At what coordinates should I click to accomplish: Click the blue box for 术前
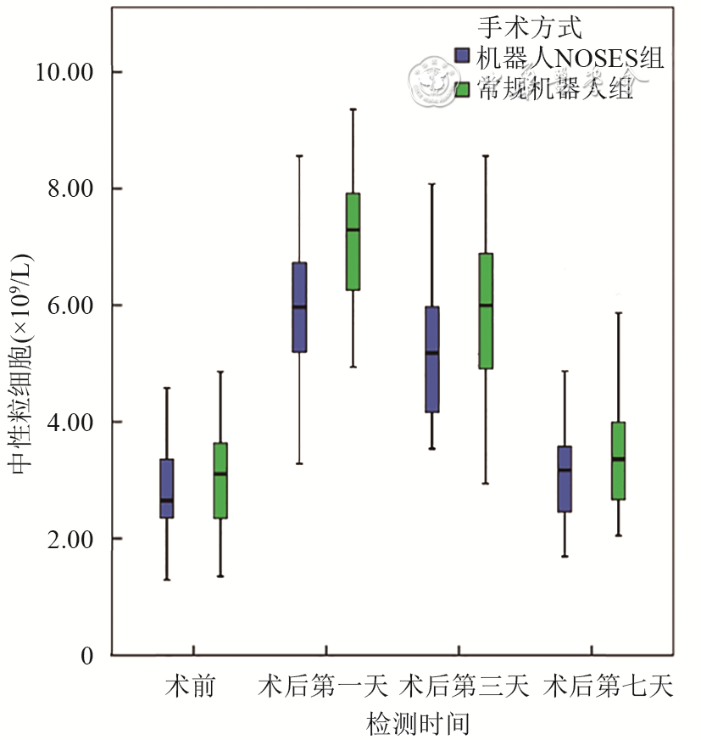167,488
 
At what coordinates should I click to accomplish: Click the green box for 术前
220,480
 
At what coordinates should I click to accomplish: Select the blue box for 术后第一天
299,306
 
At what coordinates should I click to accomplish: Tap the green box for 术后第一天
353,241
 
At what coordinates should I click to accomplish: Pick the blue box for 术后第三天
432,359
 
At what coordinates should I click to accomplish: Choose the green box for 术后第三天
486,311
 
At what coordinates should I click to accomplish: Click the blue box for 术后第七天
565,479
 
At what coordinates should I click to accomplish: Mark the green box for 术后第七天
618,461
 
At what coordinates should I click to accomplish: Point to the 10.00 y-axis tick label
63,72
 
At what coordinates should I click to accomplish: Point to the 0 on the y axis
87,656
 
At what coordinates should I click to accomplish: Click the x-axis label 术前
189,686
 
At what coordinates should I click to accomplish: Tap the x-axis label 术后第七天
609,686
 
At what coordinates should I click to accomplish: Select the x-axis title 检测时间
418,724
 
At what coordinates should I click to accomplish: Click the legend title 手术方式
531,28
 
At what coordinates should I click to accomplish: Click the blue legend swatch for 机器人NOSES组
463,57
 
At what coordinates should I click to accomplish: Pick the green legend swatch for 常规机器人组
463,88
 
